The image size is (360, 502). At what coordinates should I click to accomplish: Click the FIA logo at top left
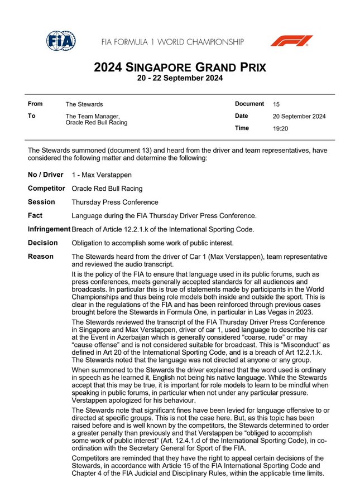(61, 40)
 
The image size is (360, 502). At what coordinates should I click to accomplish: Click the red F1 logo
(291, 41)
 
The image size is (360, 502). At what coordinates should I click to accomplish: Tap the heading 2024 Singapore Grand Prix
(180, 68)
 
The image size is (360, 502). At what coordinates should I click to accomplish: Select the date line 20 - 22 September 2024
(180, 79)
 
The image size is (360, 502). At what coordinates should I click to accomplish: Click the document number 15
(277, 104)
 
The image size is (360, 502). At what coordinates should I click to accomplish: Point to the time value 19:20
(280, 128)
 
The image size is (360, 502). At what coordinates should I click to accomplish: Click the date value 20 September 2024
(299, 117)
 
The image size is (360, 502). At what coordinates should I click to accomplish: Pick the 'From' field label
(35, 104)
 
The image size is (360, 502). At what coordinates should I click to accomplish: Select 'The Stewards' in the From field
(84, 104)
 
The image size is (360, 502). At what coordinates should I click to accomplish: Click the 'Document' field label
(249, 104)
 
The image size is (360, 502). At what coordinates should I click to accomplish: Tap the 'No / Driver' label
(46, 175)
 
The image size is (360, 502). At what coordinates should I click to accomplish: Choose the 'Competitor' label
(46, 189)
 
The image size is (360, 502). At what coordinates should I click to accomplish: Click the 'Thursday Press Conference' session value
(115, 202)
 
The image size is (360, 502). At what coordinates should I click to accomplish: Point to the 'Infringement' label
(49, 229)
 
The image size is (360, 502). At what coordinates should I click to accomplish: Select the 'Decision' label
(42, 243)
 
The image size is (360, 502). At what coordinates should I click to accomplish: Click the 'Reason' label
(41, 257)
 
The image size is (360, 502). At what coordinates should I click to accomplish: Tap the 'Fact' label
(35, 215)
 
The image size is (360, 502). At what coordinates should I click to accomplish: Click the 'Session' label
(41, 202)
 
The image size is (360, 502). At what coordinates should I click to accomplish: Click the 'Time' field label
(242, 128)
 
